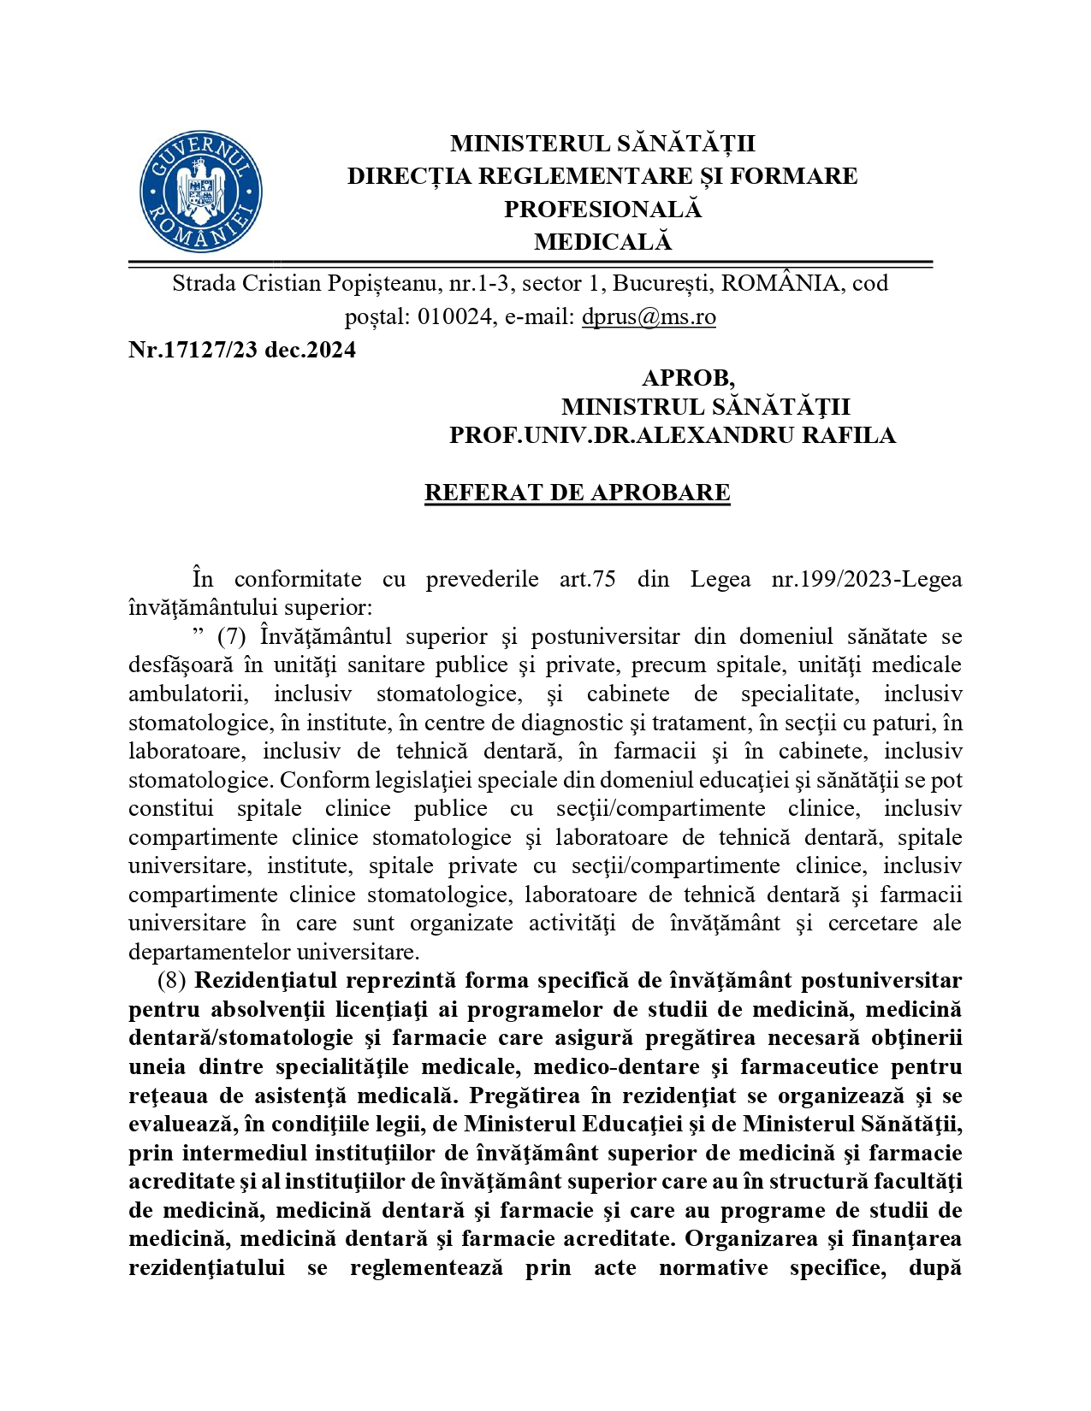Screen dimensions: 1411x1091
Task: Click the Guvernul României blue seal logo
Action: coord(201,192)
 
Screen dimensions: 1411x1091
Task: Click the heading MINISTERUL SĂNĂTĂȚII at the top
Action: coord(602,143)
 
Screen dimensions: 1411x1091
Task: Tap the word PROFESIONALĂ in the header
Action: coord(602,210)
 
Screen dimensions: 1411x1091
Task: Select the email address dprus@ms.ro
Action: coord(649,317)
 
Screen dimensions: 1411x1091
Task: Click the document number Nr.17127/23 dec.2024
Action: coord(242,350)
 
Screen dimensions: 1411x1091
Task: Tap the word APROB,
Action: coord(688,378)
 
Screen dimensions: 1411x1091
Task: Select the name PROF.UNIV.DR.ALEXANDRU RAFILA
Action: coord(673,435)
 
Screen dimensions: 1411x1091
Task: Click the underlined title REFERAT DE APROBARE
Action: coord(577,493)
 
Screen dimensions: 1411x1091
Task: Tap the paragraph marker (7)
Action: coord(232,637)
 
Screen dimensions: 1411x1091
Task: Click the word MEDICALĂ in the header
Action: coord(602,243)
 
